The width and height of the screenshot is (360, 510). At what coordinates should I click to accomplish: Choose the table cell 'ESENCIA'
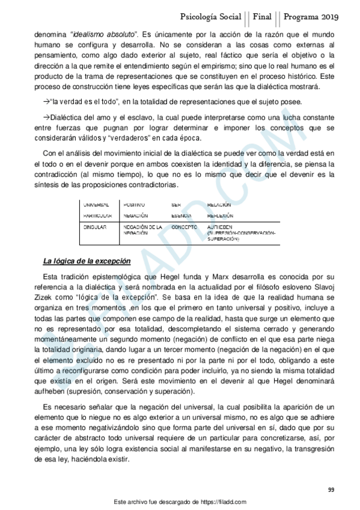182,215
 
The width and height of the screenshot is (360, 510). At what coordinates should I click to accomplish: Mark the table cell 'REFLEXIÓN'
220,215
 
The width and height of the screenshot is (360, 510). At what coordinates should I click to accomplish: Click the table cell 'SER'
175,205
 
